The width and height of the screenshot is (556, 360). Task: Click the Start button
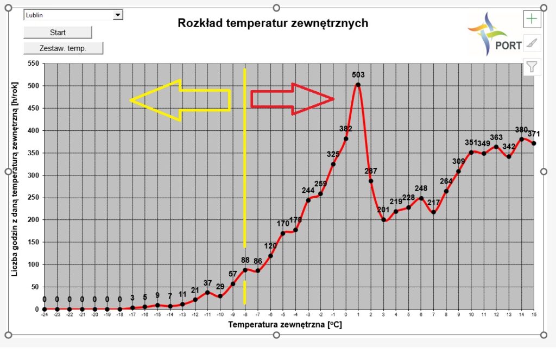point(58,32)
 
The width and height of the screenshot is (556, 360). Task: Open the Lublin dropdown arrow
point(118,15)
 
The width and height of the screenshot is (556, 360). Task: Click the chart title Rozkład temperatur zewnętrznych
point(273,23)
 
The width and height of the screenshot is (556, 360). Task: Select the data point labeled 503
point(358,85)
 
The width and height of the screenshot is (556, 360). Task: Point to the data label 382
point(345,129)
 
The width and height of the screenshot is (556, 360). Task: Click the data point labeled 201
point(383,220)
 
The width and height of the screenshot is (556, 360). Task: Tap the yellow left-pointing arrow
point(179,100)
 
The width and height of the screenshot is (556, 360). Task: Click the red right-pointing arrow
point(293,99)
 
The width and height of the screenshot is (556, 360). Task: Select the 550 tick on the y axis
point(33,64)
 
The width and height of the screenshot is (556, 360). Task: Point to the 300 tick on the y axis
point(33,175)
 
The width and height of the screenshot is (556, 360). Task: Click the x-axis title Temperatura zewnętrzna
point(285,325)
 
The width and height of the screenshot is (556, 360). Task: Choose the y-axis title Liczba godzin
point(15,185)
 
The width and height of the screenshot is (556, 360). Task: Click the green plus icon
point(532,19)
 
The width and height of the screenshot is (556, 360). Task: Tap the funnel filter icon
point(532,67)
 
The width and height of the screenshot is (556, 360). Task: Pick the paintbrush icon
point(532,43)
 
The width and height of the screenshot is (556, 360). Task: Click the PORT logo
point(495,35)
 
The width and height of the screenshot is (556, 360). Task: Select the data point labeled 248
point(421,198)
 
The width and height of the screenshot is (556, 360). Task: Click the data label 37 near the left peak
point(207,283)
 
